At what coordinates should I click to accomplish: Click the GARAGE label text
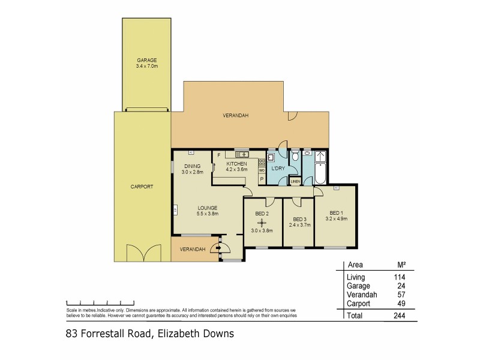(x=146, y=60)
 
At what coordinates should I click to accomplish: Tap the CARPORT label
(x=142, y=187)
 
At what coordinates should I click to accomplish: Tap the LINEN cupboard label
(x=295, y=181)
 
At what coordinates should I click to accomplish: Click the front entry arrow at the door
(x=218, y=247)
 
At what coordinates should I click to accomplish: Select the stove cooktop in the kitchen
(x=262, y=161)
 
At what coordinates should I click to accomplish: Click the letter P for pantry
(x=262, y=179)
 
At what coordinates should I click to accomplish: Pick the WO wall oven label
(x=262, y=170)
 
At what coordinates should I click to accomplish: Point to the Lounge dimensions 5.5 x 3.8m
(x=207, y=213)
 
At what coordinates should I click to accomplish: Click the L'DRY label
(x=277, y=169)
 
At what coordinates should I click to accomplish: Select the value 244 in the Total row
(x=398, y=316)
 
